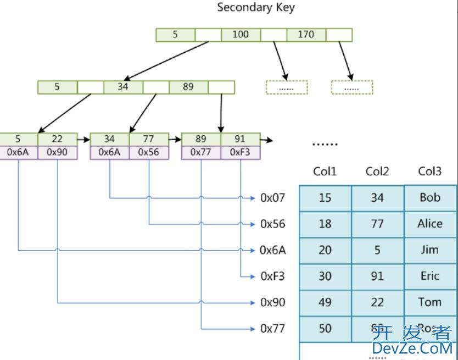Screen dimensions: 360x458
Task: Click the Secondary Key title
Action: pos(256,8)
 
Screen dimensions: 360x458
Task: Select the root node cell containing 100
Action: pos(241,35)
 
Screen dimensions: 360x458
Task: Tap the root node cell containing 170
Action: pos(306,35)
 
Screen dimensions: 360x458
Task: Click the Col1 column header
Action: pos(325,171)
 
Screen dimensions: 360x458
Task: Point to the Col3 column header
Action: pos(429,171)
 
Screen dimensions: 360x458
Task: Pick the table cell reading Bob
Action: pos(429,197)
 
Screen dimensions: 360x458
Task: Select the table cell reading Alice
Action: pos(429,224)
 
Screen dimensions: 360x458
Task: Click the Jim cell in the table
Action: pos(429,250)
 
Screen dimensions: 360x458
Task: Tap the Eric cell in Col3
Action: pos(429,276)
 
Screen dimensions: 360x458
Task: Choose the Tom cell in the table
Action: pos(429,302)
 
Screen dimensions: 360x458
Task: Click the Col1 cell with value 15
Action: pos(325,197)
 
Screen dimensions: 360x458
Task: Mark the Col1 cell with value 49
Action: pos(325,302)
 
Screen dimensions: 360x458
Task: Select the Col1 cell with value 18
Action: pos(325,224)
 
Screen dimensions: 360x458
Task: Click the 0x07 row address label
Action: pos(273,198)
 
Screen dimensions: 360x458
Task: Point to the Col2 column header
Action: pos(377,171)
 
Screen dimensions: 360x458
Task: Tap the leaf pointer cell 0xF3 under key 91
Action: pos(240,152)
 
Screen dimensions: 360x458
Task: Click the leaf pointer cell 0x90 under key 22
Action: pos(57,152)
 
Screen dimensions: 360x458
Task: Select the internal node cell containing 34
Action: pos(122,87)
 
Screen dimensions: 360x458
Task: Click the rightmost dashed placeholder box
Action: pos(352,87)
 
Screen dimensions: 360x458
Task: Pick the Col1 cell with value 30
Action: pos(325,276)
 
